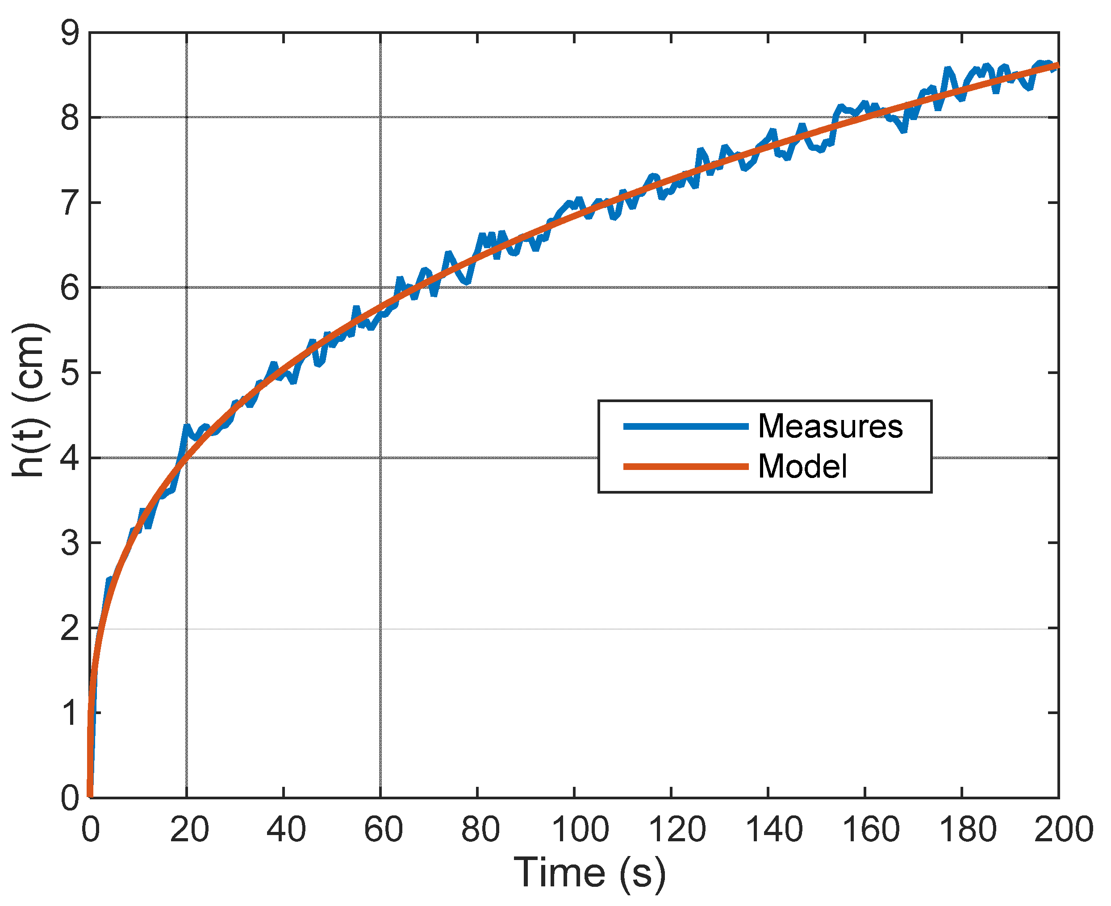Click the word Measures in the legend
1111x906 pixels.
[830, 426]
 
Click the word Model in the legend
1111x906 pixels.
[802, 466]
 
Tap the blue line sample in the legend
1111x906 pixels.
[686, 426]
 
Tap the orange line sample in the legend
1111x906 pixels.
[686, 466]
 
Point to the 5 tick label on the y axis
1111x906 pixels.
[70, 373]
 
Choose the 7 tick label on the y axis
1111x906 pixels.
[70, 203]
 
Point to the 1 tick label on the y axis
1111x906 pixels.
[70, 713]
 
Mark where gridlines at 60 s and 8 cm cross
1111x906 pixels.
[380, 117]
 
